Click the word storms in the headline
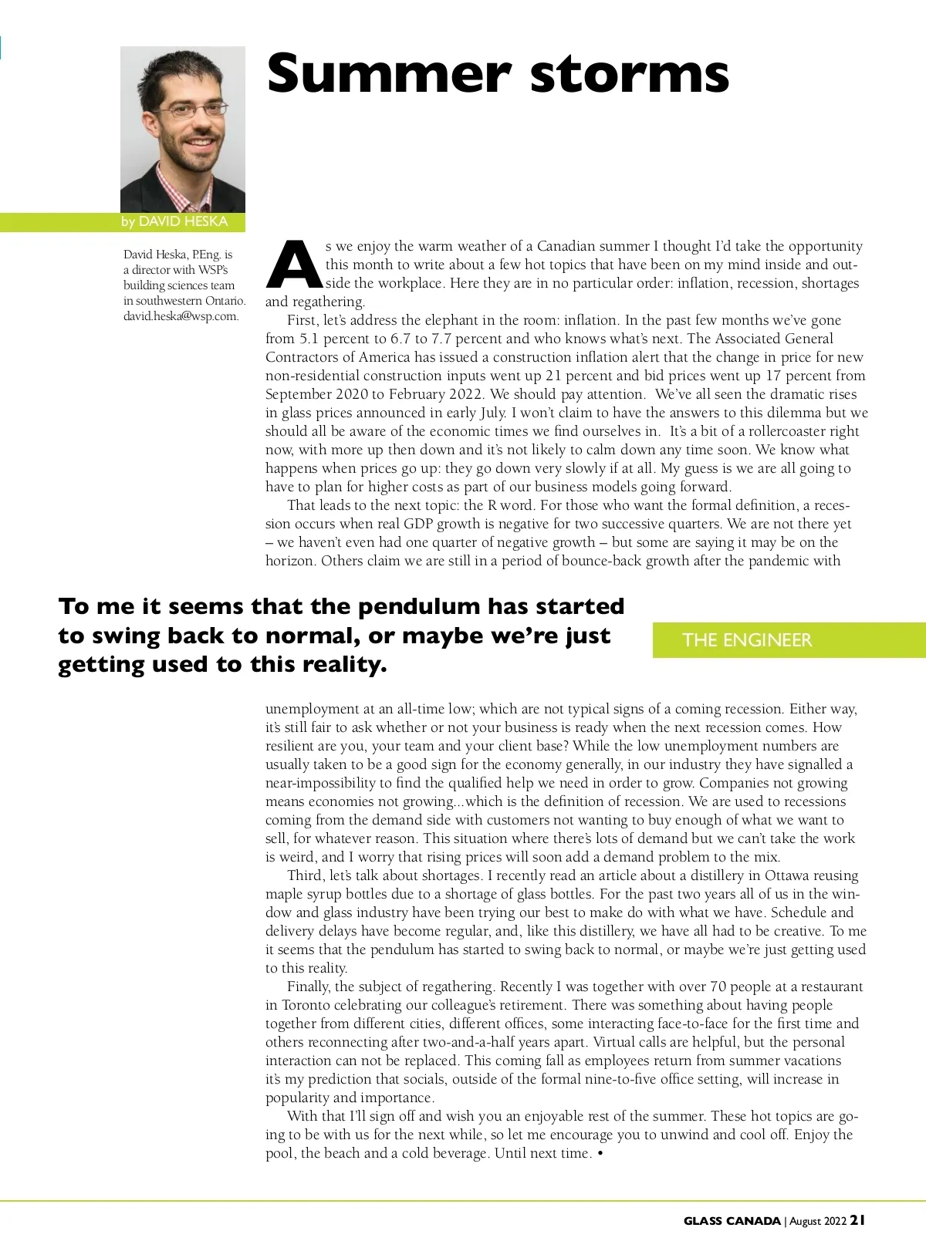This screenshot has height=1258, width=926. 629,74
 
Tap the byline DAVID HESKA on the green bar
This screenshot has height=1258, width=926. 183,221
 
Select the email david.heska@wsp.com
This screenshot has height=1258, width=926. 181,316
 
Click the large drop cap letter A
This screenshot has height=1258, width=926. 293,265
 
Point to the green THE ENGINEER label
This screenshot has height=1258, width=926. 747,640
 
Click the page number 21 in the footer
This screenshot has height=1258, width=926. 857,1220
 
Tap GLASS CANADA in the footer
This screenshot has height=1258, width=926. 732,1221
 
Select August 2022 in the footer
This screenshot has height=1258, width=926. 818,1221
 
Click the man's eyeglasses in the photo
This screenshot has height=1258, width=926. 183,110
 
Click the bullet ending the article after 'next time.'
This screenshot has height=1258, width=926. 600,1154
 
